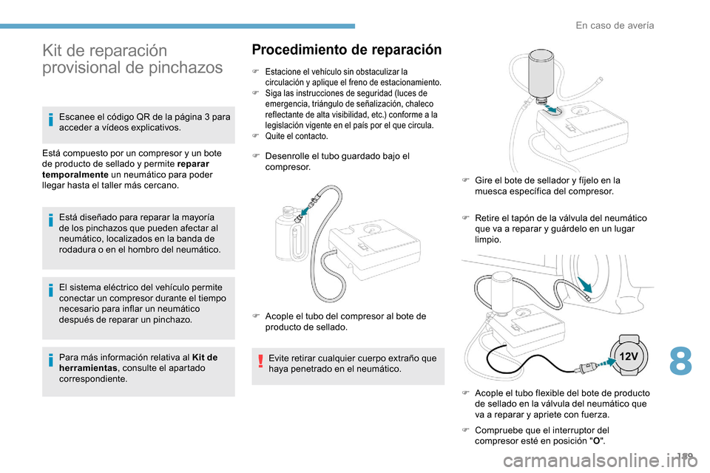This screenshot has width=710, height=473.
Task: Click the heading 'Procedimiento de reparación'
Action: coord(346,50)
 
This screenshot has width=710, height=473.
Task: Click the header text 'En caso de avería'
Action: coord(615,25)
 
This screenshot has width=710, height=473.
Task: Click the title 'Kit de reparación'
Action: coord(104,50)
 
